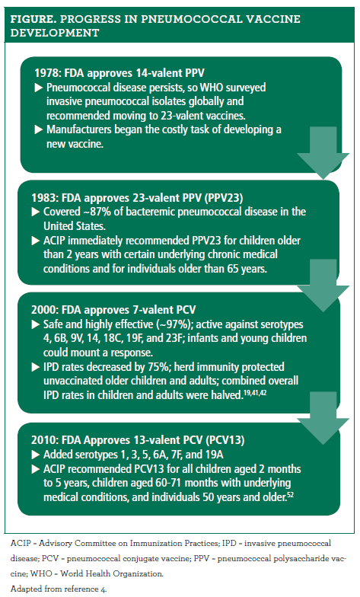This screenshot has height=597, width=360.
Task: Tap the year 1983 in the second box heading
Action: point(48,196)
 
